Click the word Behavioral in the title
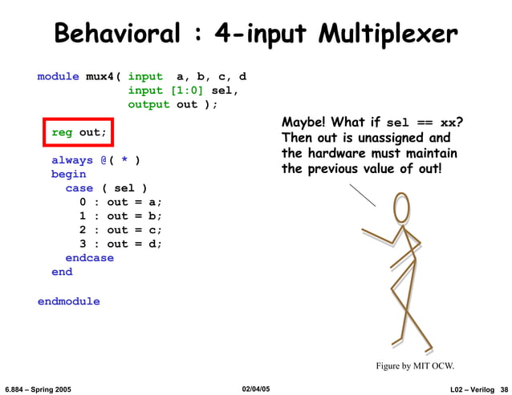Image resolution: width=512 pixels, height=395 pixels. tap(116, 34)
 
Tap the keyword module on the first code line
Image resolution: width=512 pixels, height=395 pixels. tap(59, 77)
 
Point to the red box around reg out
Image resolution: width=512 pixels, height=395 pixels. tap(79, 131)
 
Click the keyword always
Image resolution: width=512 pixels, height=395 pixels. tap(72, 160)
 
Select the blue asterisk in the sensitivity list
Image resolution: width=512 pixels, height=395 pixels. tap(124, 160)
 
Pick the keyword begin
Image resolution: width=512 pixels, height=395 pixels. tap(68, 174)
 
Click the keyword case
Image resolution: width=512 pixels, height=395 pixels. tap(79, 188)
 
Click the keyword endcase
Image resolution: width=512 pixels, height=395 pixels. tap(89, 258)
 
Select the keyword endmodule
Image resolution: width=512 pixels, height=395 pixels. tap(69, 301)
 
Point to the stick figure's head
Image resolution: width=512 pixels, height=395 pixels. tap(402, 209)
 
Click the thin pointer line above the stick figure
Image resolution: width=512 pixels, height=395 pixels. tap(363, 195)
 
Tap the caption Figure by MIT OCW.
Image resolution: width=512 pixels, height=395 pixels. tap(415, 366)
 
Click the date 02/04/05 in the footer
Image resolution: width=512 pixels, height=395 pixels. tap(256, 389)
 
